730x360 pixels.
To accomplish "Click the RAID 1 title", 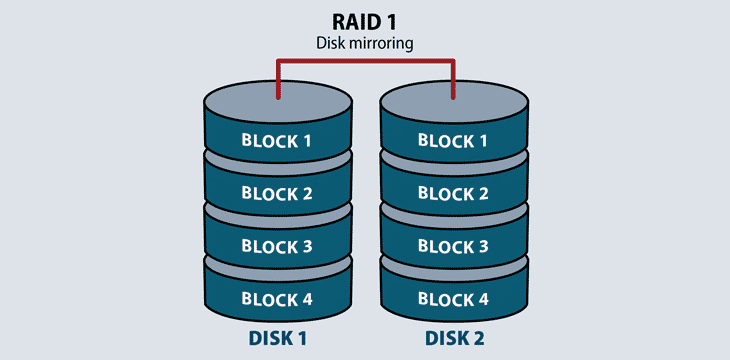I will pos(365,22).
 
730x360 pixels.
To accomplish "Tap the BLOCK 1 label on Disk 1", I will pos(277,140).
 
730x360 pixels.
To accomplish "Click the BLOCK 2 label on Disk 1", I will pos(277,193).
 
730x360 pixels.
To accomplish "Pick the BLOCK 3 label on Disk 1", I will pos(277,246).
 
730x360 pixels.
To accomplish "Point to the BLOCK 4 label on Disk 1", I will pos(277,298).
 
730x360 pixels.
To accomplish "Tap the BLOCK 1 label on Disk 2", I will pos(453,140).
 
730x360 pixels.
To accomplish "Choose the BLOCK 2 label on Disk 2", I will pos(453,193).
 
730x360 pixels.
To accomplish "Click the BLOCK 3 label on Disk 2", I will pos(453,246).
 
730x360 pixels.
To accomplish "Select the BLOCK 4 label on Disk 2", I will pos(453,298).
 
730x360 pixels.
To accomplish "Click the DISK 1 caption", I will pos(277,339).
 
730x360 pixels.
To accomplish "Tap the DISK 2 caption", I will pos(453,339).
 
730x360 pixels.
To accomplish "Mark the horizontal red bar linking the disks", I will pos(365,61).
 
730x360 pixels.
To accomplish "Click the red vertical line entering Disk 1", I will pos(277,82).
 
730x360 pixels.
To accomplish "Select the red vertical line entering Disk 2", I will pos(453,82).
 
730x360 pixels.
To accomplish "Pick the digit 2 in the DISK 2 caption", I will pos(479,339).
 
